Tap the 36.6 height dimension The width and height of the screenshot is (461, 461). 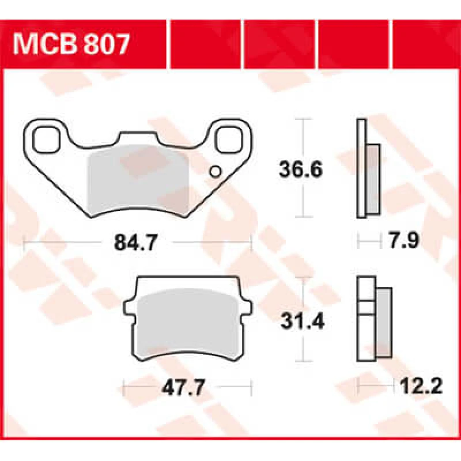click(300, 169)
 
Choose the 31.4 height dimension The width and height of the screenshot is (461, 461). click(300, 320)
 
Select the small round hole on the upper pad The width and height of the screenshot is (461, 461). click(216, 171)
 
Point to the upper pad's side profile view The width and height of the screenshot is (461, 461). click(367, 168)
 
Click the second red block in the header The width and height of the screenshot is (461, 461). click(207, 39)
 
